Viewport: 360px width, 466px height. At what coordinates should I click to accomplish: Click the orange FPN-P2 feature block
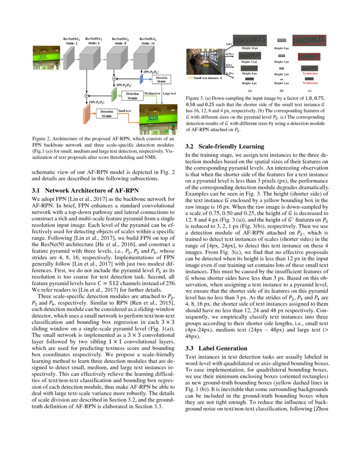click(x=88, y=114)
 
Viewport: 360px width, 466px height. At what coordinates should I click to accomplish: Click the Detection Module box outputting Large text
click(x=161, y=80)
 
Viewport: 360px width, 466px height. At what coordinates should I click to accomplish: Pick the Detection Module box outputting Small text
click(x=106, y=113)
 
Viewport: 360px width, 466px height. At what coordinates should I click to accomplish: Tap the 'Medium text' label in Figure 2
click(x=152, y=93)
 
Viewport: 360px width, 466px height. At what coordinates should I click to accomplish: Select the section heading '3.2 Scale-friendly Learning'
click(x=225, y=147)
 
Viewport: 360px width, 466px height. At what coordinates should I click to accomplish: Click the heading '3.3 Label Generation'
click(x=213, y=348)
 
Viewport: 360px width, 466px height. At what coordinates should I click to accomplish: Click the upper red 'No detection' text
click(x=310, y=73)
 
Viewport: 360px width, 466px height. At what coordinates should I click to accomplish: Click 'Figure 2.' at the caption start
click(x=42, y=139)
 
